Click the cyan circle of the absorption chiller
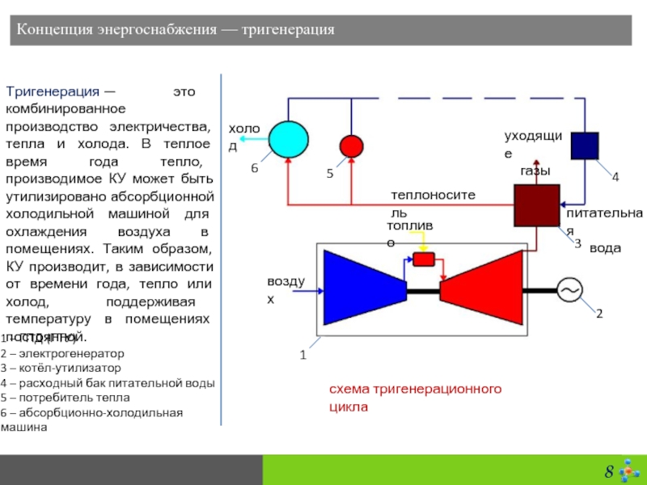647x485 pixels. click(288, 140)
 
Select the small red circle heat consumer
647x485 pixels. click(352, 145)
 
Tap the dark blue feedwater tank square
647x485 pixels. click(584, 145)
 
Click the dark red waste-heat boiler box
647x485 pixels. click(536, 205)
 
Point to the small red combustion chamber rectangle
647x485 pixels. click(424, 259)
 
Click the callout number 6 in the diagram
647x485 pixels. click(253, 167)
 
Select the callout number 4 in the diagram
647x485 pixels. click(615, 176)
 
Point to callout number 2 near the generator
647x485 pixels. click(599, 312)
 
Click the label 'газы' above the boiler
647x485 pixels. click(535, 171)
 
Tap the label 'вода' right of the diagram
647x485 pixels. click(605, 248)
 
